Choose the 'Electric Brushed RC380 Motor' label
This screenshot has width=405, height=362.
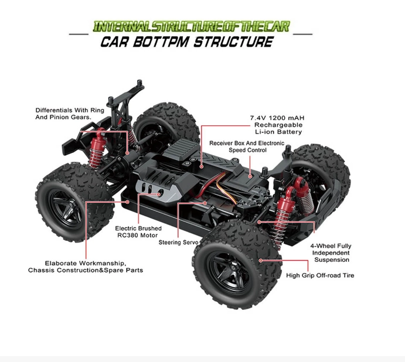coord(138,232)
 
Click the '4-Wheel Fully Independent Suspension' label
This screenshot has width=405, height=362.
coord(332,252)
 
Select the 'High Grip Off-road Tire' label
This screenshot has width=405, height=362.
coord(320,275)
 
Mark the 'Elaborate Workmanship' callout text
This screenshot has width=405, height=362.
coord(86,267)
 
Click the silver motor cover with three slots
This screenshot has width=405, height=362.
coord(156,189)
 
